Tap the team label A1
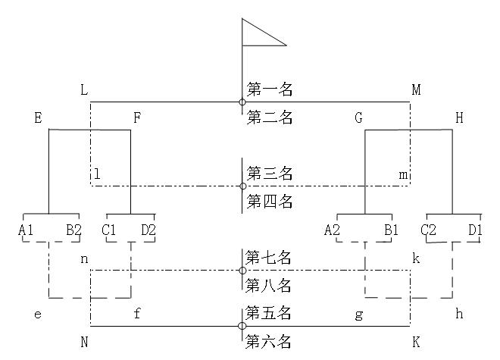point(27,230)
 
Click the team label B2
point(73,230)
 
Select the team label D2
point(148,230)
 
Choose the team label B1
point(390,230)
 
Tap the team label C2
point(429,230)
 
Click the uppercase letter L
point(84,90)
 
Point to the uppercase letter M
point(416,90)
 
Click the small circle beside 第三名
point(242,186)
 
